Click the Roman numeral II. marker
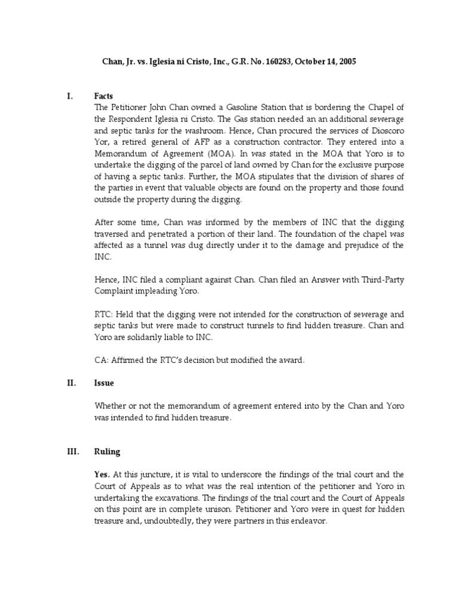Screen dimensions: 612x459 pyautogui.click(x=71, y=382)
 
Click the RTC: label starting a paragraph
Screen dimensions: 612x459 pyautogui.click(x=104, y=313)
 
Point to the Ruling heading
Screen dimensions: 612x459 pyautogui.click(x=108, y=452)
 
